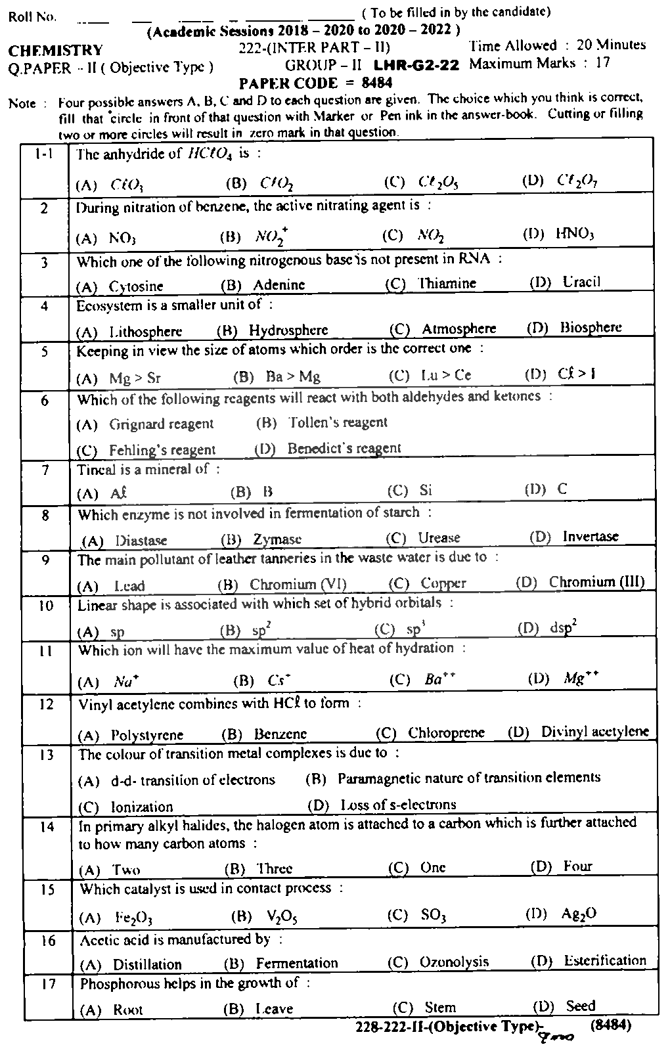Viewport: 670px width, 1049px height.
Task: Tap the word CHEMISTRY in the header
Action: [56, 50]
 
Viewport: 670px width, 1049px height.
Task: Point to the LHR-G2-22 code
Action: [416, 65]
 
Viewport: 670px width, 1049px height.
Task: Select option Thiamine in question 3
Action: [447, 283]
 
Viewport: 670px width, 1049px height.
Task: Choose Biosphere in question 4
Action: [591, 327]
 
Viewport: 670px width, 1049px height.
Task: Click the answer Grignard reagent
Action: [161, 424]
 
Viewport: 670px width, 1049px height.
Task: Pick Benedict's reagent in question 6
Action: [344, 449]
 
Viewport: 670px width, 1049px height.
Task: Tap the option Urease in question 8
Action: [439, 538]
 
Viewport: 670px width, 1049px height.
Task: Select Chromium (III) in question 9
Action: [596, 582]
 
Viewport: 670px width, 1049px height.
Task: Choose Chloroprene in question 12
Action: [446, 732]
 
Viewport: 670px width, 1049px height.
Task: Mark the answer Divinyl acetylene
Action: [594, 731]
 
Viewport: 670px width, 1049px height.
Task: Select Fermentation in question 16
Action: [297, 963]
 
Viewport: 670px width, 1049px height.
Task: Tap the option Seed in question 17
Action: [580, 1006]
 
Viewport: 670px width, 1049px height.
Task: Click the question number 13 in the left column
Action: [46, 755]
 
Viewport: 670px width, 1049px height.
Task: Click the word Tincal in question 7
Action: [96, 469]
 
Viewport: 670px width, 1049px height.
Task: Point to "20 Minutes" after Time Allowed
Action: [611, 45]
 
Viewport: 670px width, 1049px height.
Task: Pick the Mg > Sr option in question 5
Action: [135, 378]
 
